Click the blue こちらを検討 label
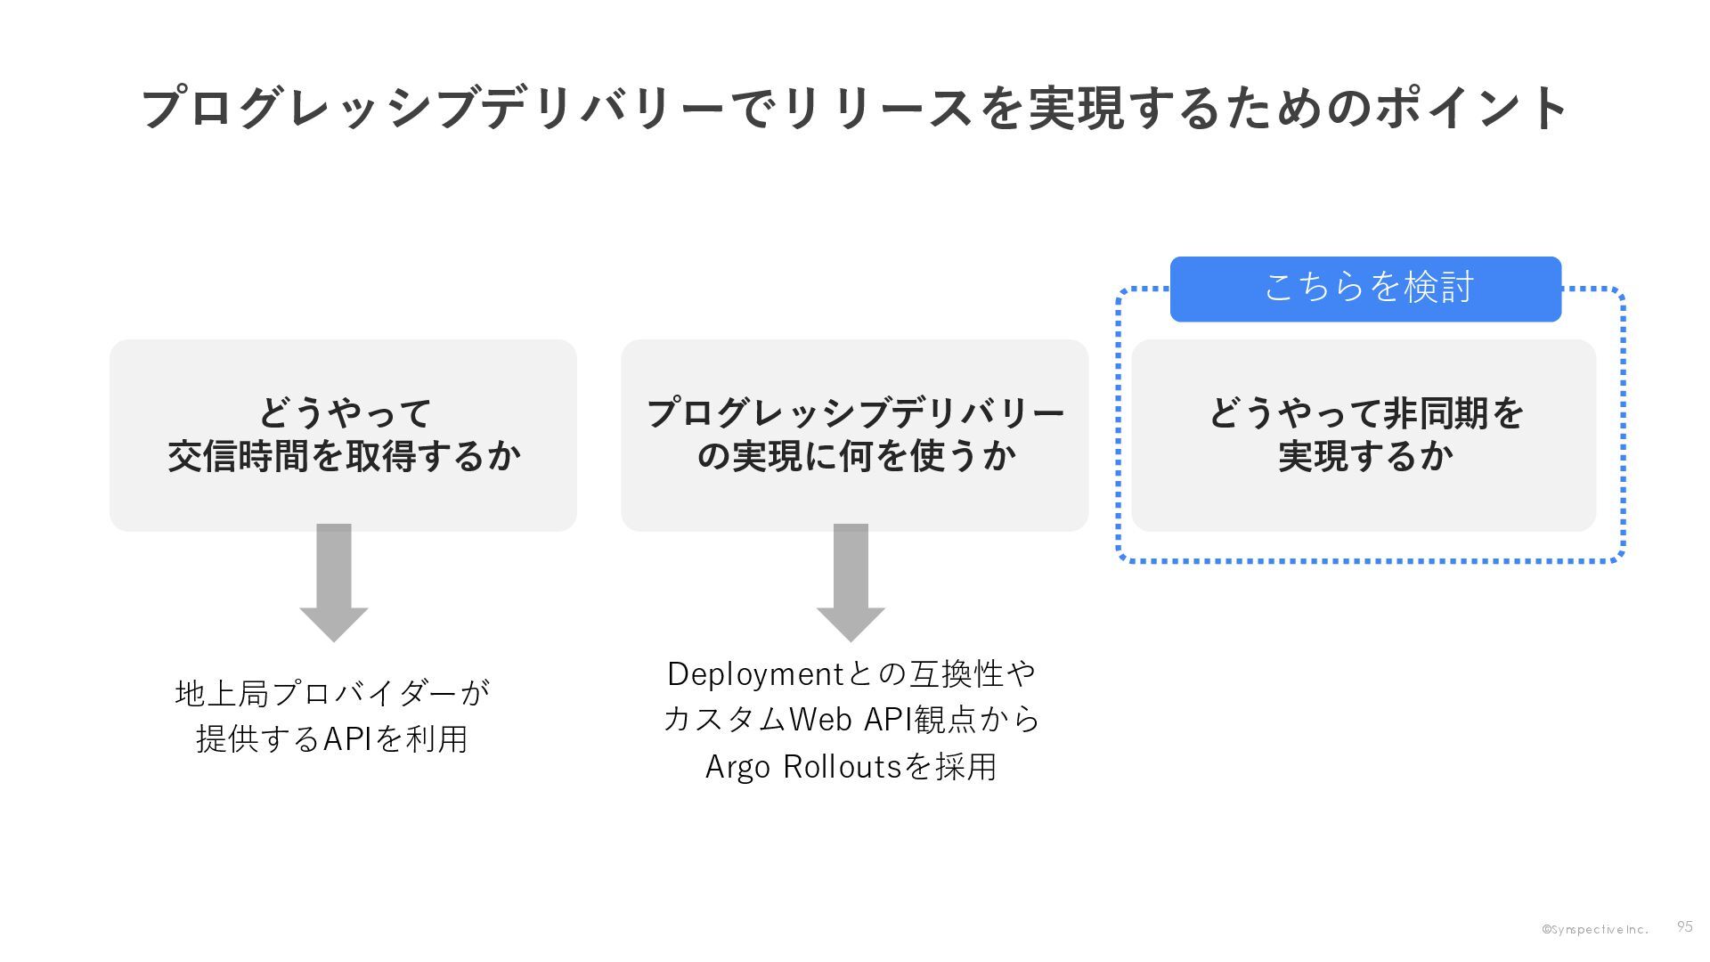pos(1365,288)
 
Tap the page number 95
pos(1684,926)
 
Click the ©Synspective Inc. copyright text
pos(1594,929)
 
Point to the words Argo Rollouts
pos(803,767)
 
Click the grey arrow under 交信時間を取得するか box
pos(334,582)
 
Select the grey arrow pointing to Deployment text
pos(851,582)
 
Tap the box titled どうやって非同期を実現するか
pos(1364,436)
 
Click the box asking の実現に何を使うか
pos(854,436)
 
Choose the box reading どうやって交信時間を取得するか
pos(343,436)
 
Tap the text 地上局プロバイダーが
pos(332,693)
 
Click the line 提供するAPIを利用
pos(332,738)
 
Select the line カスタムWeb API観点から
pos(851,720)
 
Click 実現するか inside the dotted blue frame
pos(1365,456)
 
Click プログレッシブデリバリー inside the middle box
pos(855,413)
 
